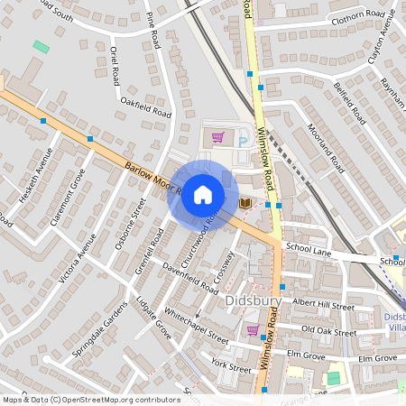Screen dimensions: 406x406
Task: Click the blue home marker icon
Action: tap(203, 195)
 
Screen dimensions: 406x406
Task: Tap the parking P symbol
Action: tap(243, 138)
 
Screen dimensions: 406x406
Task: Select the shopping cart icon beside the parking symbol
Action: tap(217, 138)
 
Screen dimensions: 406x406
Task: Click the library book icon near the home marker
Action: tap(246, 204)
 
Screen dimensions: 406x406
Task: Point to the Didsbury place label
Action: tap(254, 300)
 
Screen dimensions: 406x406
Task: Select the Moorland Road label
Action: tap(326, 148)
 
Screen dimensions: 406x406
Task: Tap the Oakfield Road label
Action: tap(145, 114)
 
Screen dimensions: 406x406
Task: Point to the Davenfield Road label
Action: tap(190, 278)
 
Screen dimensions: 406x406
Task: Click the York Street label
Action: tap(230, 364)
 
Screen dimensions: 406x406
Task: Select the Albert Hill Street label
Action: tap(322, 306)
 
